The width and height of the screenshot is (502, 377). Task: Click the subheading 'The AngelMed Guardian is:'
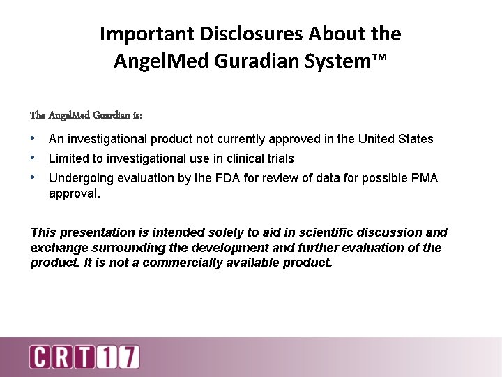point(86,114)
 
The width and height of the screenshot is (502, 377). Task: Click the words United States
point(395,139)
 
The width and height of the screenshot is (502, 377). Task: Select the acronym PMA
point(425,178)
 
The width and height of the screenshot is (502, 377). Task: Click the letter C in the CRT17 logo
point(40,357)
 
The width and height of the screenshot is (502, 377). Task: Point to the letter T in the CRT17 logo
point(85,357)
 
